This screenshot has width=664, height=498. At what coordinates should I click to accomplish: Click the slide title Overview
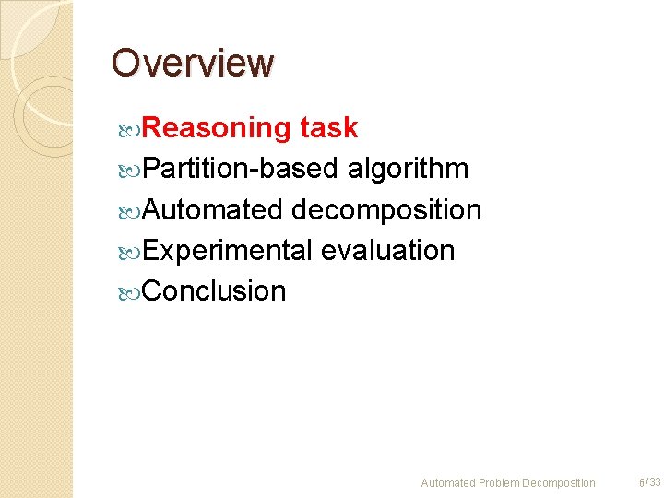(193, 64)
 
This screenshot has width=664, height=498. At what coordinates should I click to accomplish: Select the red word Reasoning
(218, 128)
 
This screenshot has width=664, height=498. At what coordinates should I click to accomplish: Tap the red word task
(328, 128)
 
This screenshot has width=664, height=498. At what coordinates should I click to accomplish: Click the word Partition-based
(242, 169)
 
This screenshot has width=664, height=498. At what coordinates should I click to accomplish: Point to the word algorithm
(408, 169)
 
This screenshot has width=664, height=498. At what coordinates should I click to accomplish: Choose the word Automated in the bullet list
(213, 209)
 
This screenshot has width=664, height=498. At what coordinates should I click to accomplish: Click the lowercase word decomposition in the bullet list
(386, 209)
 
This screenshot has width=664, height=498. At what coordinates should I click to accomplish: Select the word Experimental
(227, 250)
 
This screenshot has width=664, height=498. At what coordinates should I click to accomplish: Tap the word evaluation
(388, 250)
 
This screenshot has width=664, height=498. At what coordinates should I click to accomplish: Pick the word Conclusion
(215, 290)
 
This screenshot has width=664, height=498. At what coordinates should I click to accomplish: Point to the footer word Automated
(448, 483)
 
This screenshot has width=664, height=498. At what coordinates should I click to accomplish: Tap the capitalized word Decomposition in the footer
(559, 483)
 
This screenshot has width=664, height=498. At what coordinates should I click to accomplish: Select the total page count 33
(655, 482)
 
